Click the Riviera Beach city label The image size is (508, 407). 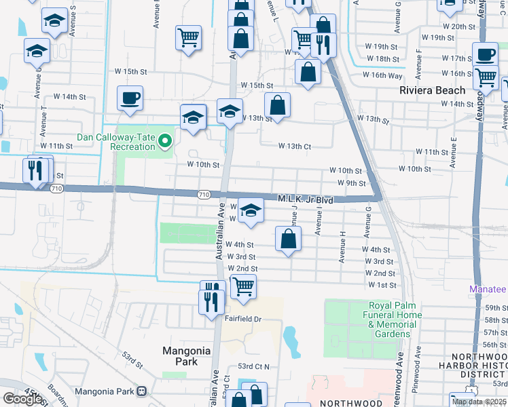pos(433,90)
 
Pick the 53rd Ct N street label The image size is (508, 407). pos(254,366)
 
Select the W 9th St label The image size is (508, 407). pos(352,183)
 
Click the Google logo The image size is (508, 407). pos(23,398)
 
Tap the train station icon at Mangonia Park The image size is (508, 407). pos(143,391)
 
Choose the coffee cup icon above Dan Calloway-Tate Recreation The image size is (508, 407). pos(130,98)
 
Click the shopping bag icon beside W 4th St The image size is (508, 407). pos(289,239)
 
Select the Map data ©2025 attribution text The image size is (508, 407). pos(478,402)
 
